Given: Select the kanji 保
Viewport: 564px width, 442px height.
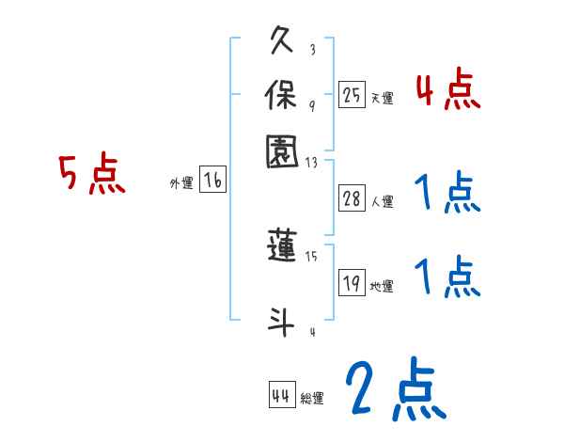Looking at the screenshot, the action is click(x=284, y=94).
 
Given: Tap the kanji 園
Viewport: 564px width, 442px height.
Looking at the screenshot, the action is click(x=284, y=151).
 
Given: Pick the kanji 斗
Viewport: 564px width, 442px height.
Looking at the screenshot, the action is click(x=283, y=321).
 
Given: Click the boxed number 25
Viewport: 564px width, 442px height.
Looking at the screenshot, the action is click(x=352, y=95).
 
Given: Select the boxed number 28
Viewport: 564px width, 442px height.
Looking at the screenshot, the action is click(x=352, y=198).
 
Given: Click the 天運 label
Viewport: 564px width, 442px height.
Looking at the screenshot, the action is click(x=382, y=98).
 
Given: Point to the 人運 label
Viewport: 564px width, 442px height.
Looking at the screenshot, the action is click(x=383, y=201).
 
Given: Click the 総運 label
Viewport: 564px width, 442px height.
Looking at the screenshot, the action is click(x=312, y=399).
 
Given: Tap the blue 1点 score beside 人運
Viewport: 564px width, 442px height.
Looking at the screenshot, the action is click(x=446, y=194).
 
